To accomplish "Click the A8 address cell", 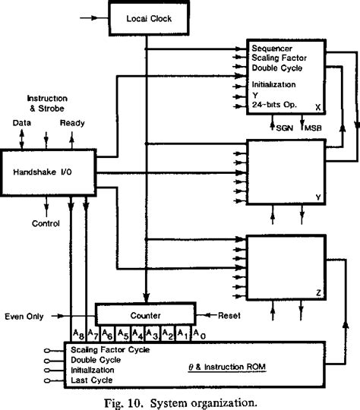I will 78,332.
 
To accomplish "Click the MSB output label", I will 314,128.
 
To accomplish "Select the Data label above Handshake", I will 22,121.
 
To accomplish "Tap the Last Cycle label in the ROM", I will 92,381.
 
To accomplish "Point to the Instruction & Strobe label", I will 47,104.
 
